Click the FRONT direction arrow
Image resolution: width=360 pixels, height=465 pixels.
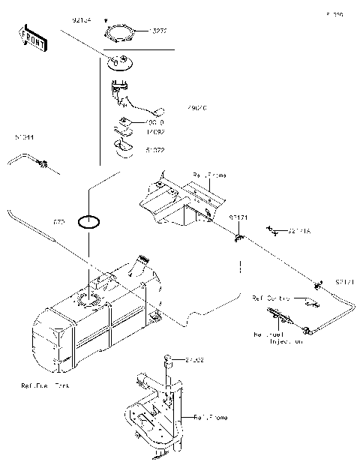click(33, 39)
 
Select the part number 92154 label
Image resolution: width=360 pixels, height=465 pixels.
click(82, 21)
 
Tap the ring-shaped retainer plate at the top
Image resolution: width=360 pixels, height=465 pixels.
click(121, 33)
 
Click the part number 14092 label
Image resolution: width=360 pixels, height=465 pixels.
click(155, 131)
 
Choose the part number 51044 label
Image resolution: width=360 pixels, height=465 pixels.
click(24, 137)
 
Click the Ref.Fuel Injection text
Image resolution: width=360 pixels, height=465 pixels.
click(278, 337)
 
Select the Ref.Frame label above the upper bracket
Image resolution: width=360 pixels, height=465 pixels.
click(209, 175)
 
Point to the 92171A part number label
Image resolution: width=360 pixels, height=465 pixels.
click(299, 232)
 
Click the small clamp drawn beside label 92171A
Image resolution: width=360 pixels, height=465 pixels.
click(275, 231)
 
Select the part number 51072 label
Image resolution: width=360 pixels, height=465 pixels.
click(155, 150)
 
